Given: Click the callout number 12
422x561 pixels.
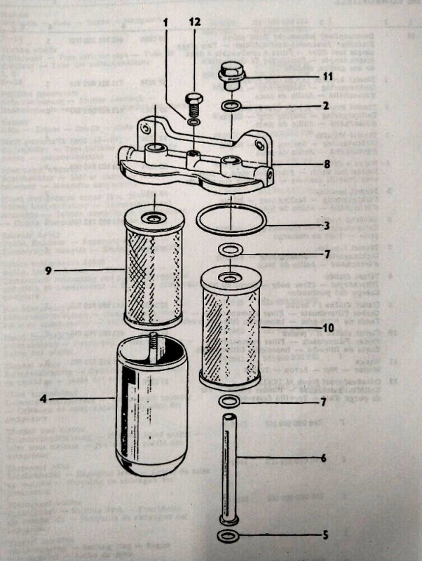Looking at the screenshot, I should tap(194, 22).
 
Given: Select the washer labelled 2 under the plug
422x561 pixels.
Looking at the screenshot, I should tap(230, 107).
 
